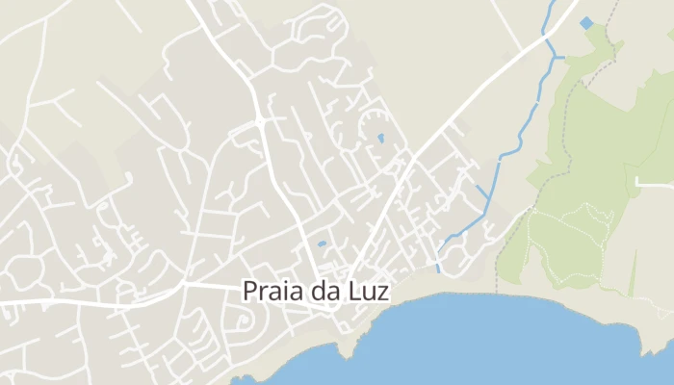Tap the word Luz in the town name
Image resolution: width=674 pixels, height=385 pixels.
(x=369, y=291)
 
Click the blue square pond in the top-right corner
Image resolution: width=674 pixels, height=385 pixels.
(x=586, y=22)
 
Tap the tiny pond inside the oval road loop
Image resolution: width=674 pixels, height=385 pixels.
(x=380, y=139)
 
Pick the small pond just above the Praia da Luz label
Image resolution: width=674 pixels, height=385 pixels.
(x=322, y=244)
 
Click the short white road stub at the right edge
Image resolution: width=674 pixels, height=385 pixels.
(x=655, y=181)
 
